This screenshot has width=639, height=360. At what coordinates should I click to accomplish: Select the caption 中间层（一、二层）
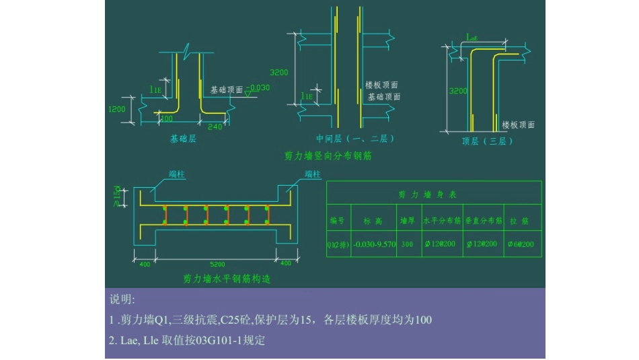pos(355,139)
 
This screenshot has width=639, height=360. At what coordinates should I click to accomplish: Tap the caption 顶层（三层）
pos(488,141)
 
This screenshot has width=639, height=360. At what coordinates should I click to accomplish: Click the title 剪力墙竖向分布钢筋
pos(328,156)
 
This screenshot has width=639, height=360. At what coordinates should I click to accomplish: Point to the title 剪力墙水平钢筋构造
pos(227,278)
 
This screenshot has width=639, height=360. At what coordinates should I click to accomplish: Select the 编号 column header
pos(337,220)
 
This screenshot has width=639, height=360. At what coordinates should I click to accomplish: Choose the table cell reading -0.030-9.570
pos(374,244)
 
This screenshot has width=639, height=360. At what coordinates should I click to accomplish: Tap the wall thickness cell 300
pos(407,244)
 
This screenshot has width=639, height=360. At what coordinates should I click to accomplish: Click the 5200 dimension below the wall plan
pos(218,264)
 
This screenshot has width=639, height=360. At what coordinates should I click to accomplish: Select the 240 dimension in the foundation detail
pos(215,127)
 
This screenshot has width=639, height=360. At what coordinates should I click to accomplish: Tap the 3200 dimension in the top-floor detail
pos(458,91)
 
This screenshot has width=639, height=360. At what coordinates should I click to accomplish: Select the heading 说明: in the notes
pos(122,299)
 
